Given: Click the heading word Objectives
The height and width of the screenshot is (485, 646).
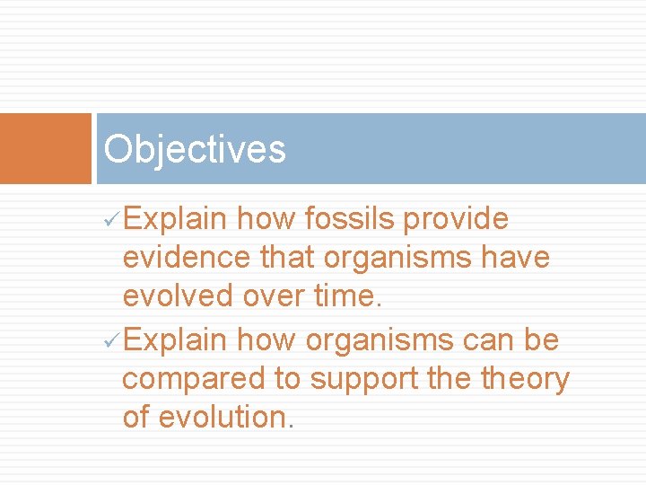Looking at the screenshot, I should (195, 149).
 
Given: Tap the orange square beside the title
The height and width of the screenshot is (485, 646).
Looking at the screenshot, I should (46, 148).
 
